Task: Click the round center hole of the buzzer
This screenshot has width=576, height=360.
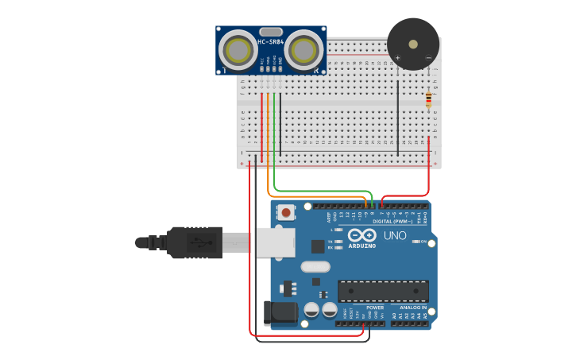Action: [413, 44]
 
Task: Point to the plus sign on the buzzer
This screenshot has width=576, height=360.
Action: [398, 58]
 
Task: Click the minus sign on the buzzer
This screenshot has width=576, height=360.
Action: [428, 58]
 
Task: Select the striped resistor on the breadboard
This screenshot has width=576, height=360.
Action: [429, 99]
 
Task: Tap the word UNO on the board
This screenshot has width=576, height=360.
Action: [395, 236]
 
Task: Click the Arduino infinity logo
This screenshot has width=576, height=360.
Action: [361, 235]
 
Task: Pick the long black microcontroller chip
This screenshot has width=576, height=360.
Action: [383, 291]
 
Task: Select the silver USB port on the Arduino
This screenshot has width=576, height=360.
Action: [274, 242]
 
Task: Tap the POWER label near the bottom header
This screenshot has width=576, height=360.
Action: [374, 307]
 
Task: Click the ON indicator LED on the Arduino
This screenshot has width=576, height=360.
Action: [415, 242]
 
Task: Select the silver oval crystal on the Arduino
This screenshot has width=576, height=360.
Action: [315, 266]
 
